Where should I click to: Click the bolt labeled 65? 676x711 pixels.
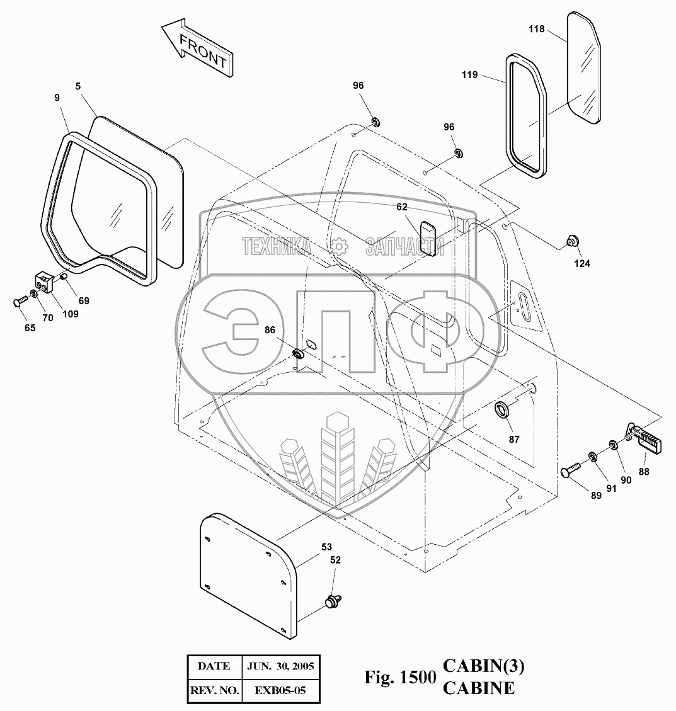(20, 301)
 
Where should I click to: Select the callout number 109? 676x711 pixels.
(70, 314)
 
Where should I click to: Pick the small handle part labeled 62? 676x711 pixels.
(428, 237)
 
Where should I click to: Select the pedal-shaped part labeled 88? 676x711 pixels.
(646, 438)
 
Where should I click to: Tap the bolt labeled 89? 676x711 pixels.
(570, 471)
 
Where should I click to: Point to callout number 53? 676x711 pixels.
(326, 547)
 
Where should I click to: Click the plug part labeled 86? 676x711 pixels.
(299, 353)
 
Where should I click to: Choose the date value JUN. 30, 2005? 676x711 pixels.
(281, 666)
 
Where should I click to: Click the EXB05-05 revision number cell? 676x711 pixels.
(281, 691)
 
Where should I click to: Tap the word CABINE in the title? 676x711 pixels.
(478, 688)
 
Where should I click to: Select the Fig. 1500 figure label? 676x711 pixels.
(400, 678)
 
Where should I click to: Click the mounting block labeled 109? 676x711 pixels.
(43, 282)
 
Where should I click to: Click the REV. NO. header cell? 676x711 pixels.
(214, 691)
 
